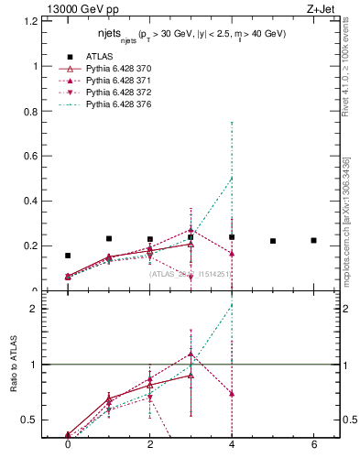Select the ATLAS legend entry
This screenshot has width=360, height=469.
tap(99, 57)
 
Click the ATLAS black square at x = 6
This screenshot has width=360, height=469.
tap(313, 241)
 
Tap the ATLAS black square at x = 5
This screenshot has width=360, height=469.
tap(273, 241)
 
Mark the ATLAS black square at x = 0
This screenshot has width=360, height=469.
tap(68, 256)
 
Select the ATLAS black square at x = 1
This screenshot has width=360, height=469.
tap(109, 238)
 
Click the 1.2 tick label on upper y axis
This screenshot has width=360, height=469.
tap(32, 22)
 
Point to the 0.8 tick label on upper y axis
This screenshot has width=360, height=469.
tap(32, 112)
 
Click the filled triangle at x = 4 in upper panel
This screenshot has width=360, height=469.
tap(232, 253)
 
